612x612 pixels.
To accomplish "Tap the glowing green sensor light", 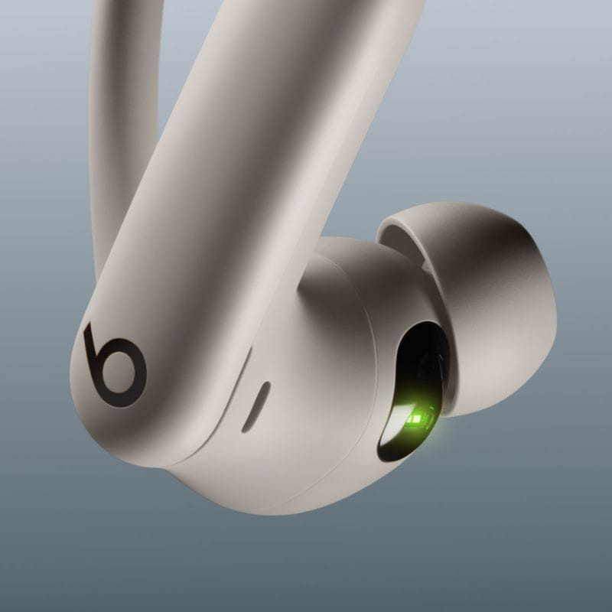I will click(x=419, y=418).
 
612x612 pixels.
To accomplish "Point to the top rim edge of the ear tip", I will click(x=428, y=210).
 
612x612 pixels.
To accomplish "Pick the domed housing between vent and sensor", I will click(x=321, y=360).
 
